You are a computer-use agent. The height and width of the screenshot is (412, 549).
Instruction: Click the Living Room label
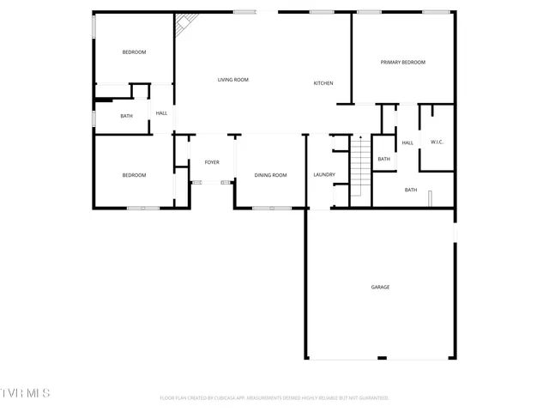click(x=232, y=80)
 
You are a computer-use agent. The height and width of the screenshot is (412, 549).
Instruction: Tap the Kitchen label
click(x=323, y=83)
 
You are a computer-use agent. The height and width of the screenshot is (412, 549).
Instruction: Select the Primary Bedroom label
click(x=402, y=63)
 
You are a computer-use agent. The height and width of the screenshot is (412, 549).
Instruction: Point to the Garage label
click(x=380, y=288)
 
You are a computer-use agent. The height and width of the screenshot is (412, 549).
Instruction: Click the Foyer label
click(x=211, y=162)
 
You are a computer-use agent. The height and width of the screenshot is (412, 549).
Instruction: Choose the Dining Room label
click(x=270, y=175)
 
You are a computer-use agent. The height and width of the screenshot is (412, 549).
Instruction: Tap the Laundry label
click(x=324, y=175)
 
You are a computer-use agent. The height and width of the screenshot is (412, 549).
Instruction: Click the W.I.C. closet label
click(x=436, y=142)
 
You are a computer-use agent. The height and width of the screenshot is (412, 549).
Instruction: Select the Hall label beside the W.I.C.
click(x=407, y=142)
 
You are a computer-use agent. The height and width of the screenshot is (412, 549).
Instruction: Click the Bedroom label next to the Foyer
click(x=134, y=175)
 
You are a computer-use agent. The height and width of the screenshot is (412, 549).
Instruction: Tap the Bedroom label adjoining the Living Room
click(x=134, y=52)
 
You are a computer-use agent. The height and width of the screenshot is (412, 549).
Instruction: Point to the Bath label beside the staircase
click(x=383, y=159)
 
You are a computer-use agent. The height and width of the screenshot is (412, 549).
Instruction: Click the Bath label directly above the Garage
click(x=411, y=190)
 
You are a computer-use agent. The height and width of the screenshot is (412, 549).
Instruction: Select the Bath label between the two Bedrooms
click(x=126, y=117)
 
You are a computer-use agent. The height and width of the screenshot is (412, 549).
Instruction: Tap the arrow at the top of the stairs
click(x=360, y=137)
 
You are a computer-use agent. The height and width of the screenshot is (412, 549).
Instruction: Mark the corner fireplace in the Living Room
click(x=183, y=23)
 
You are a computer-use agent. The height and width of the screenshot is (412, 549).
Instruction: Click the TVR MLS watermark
click(x=25, y=393)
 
